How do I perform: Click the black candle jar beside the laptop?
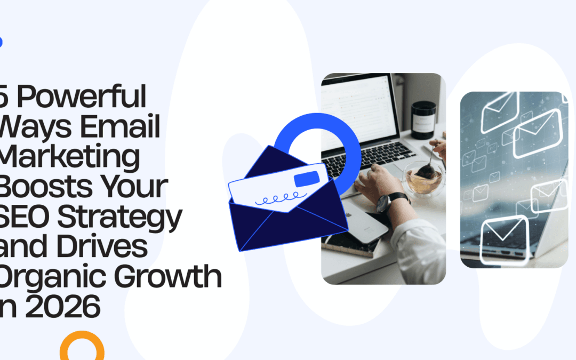point(423,121)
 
